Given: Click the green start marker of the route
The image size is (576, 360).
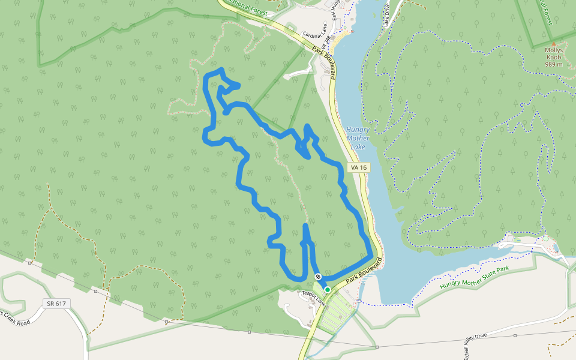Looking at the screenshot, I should click(328, 289).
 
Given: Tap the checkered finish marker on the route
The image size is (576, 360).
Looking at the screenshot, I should click(318, 277).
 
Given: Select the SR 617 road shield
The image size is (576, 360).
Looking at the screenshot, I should click(55, 304).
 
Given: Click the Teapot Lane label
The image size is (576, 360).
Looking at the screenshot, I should click(312, 294).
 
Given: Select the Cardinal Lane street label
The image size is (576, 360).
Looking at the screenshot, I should click(316, 35).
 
